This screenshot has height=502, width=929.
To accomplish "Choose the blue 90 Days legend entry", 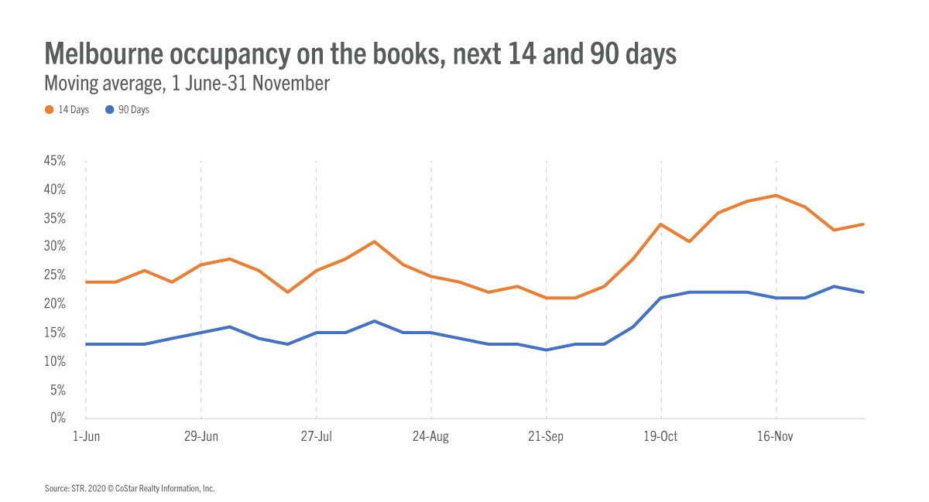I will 129,110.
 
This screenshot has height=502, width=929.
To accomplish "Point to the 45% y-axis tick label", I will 53,162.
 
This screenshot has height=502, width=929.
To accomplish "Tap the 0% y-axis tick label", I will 57,418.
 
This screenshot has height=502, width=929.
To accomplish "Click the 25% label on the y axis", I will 53,275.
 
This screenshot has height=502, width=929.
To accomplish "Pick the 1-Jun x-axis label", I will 85,437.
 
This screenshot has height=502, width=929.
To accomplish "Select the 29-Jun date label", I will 201,437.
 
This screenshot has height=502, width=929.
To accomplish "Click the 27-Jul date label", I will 316,437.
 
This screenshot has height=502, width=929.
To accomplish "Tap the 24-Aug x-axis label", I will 430,437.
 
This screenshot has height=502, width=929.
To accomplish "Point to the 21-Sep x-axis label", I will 546,437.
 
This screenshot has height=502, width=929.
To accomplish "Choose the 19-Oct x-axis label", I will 661,437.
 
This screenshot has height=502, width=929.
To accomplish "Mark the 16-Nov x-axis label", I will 776,437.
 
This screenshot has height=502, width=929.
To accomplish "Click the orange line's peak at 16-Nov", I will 776,196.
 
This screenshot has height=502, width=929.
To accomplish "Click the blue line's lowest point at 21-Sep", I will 546,350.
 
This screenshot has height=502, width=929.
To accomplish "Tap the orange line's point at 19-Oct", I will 661,224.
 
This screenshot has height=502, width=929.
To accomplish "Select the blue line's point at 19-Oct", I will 661,298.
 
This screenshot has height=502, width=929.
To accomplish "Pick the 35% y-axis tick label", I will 53,219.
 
